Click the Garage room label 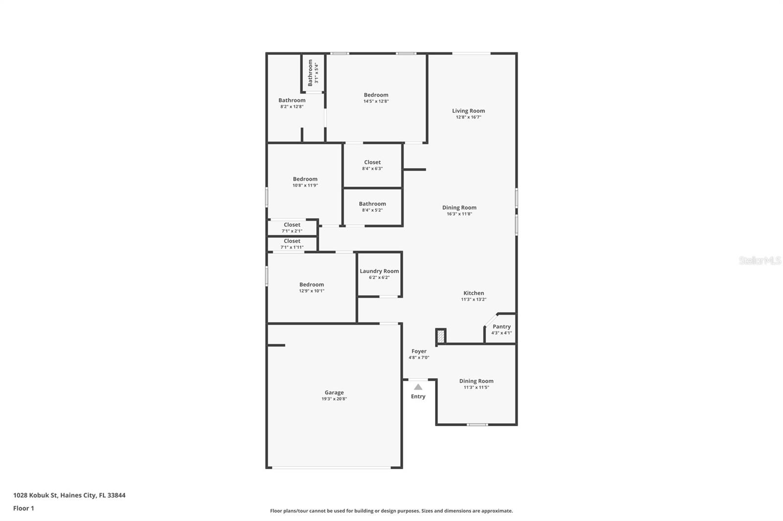[x=334, y=393]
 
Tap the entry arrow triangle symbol [x=418, y=387]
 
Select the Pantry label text [x=502, y=327]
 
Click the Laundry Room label [x=379, y=271]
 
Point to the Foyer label [x=419, y=351]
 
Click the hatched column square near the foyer [x=441, y=336]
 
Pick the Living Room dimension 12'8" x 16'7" [x=468, y=117]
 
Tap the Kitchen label [x=474, y=293]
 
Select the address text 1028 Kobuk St [x=69, y=495]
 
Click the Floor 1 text [x=23, y=508]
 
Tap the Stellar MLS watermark [x=760, y=260]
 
